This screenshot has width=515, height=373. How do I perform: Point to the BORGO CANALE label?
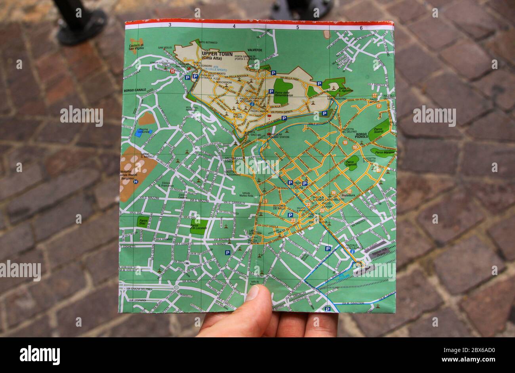135,90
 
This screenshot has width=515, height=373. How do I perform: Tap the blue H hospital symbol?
136,182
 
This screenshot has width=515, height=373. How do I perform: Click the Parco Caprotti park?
351,163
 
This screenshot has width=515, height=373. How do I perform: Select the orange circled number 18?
345,143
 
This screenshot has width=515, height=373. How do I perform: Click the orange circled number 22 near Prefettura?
349,191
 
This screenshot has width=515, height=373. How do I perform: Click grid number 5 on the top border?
298,27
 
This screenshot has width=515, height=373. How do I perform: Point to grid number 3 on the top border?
170,25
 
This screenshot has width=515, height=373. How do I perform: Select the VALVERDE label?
255,50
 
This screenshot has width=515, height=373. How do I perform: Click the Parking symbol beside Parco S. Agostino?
319,84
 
